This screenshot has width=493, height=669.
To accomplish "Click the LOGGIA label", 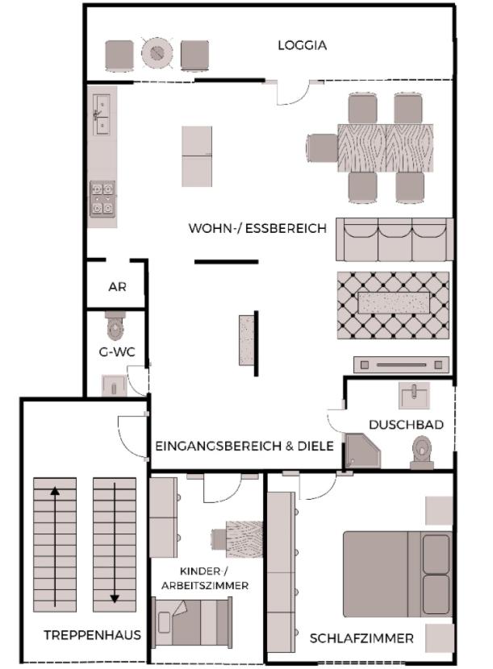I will point(302,45).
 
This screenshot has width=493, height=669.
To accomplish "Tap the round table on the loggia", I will point(157,54).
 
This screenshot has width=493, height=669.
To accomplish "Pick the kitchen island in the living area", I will point(197,156).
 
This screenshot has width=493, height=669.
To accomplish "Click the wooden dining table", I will point(386,148).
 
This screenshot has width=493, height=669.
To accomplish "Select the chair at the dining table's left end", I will point(322,148).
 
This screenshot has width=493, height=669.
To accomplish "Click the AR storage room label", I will point(117,287).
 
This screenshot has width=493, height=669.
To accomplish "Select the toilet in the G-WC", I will point(115,327).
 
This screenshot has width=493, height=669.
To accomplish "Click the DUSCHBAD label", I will point(406,425).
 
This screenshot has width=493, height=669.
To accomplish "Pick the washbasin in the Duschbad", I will point(414,395).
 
